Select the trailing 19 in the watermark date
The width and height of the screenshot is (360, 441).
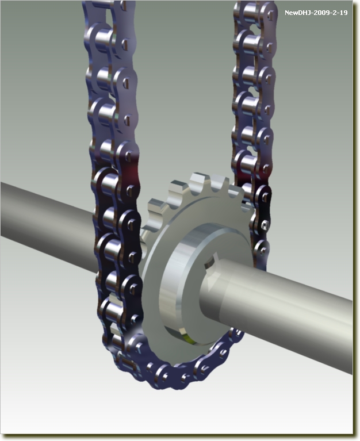[343, 13]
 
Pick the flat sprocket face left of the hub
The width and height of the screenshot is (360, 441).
[154, 281]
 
